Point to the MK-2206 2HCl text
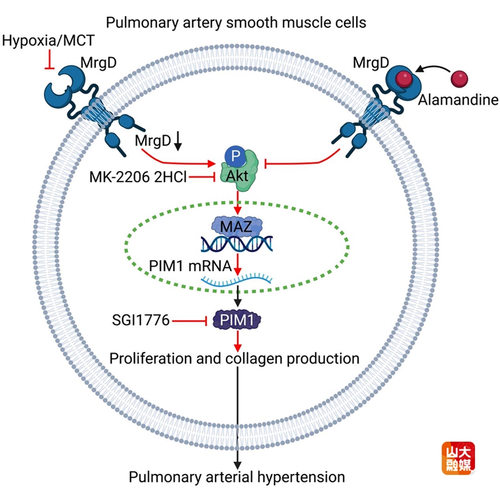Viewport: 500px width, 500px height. pyautogui.click(x=137, y=177)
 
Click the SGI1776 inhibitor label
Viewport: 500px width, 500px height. pyautogui.click(x=140, y=320)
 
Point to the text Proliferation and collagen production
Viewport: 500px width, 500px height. pyautogui.click(x=234, y=358)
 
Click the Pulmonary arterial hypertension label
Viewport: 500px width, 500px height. pyautogui.click(x=237, y=477)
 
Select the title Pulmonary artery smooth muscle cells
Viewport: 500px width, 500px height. pyautogui.click(x=236, y=23)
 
